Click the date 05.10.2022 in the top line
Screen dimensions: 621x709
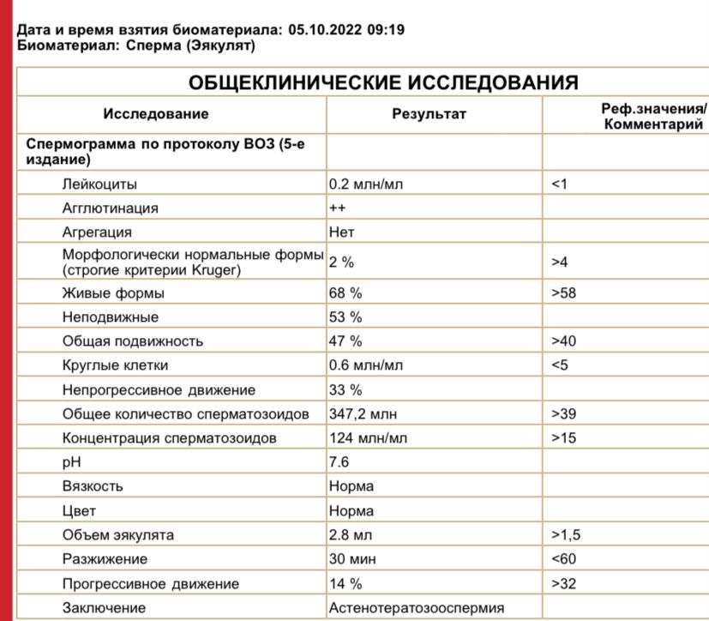pyautogui.click(x=321, y=30)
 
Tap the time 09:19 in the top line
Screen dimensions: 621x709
pyautogui.click(x=383, y=30)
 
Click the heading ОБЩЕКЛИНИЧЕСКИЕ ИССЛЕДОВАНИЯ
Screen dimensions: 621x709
pyautogui.click(x=382, y=83)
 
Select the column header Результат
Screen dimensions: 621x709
pyautogui.click(x=429, y=114)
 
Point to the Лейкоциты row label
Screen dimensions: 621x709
pyautogui.click(x=99, y=184)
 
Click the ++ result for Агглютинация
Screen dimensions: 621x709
pyautogui.click(x=337, y=208)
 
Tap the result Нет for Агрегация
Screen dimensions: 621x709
pyautogui.click(x=341, y=232)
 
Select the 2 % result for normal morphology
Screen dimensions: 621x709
pyautogui.click(x=342, y=262)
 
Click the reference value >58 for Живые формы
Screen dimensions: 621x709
pyautogui.click(x=564, y=293)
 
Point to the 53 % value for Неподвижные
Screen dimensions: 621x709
pyautogui.click(x=345, y=317)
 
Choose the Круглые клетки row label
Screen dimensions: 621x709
pyautogui.click(x=115, y=365)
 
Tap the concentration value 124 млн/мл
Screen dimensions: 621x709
pyautogui.click(x=369, y=438)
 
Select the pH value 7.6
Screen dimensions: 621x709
pyautogui.click(x=339, y=462)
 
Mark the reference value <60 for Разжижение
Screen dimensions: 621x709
pyautogui.click(x=564, y=559)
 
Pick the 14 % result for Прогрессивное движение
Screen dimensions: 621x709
pyautogui.click(x=345, y=584)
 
